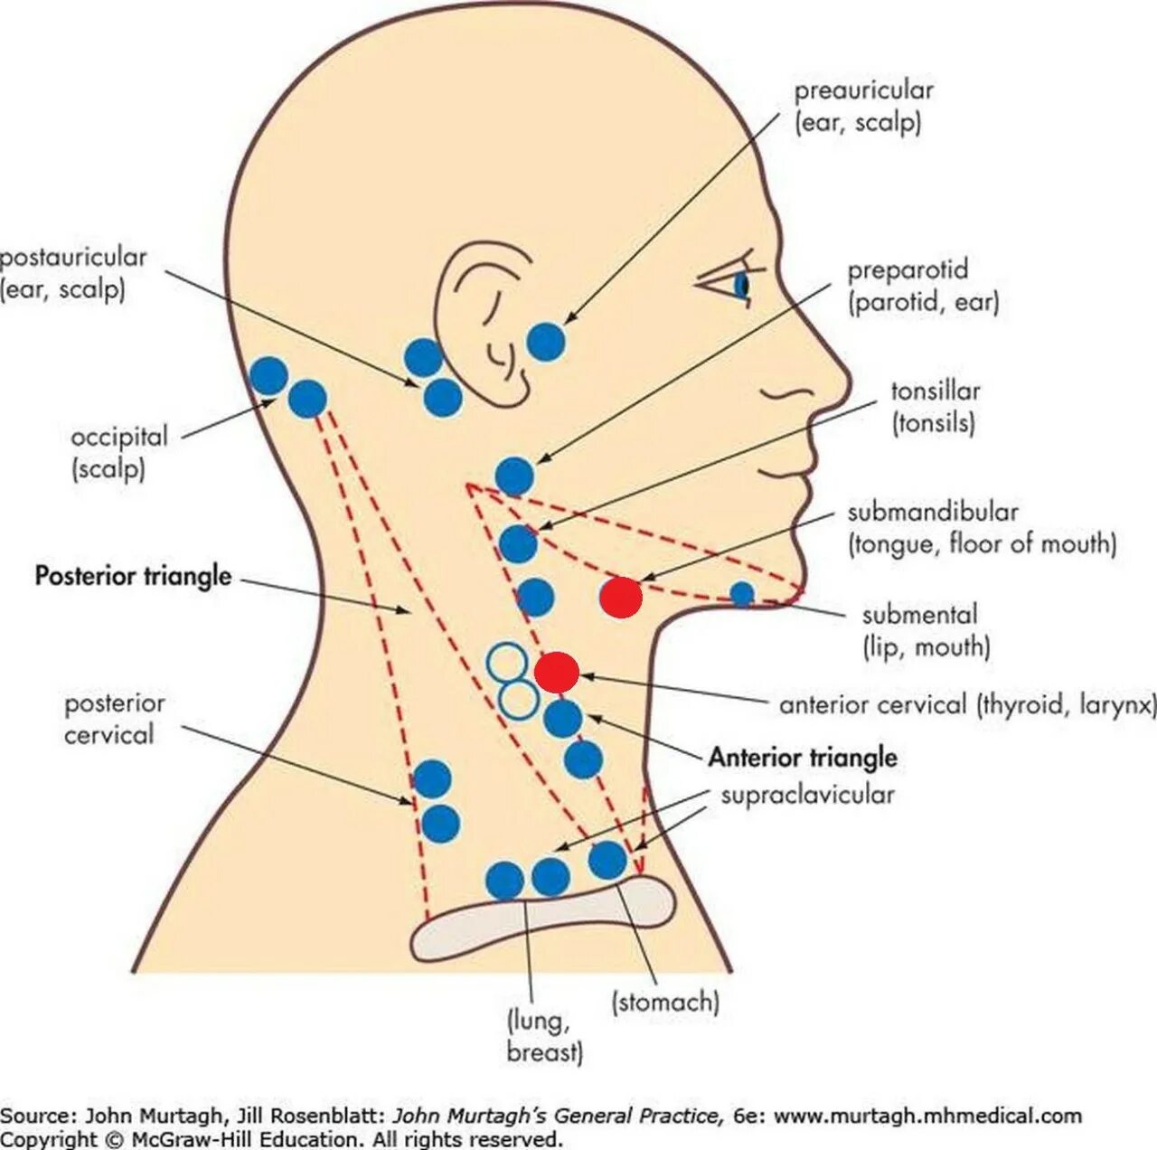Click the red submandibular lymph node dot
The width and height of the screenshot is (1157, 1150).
coord(622,598)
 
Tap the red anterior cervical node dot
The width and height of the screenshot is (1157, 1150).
coord(557,673)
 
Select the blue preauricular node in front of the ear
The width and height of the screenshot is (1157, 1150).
coord(546,342)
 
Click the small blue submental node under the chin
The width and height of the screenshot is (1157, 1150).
coord(742,594)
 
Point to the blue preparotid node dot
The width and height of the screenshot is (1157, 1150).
coord(515,476)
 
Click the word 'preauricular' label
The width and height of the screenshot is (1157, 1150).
coord(863,91)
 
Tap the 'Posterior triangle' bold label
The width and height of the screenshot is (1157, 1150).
coord(133,576)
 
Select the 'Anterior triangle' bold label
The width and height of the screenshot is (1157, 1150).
coord(803,757)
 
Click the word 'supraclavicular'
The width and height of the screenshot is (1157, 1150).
coord(807,796)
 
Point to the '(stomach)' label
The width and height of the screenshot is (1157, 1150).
coord(665,1002)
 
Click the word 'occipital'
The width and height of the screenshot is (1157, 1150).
coord(119,438)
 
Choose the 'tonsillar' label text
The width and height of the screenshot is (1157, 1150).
coord(936,391)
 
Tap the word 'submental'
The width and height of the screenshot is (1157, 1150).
coord(919,616)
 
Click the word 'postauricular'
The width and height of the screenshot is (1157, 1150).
coord(72,258)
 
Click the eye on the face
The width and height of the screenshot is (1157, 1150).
coord(738,284)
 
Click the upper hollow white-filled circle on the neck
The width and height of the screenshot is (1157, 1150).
coord(505,662)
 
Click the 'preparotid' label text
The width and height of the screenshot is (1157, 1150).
coord(908,270)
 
